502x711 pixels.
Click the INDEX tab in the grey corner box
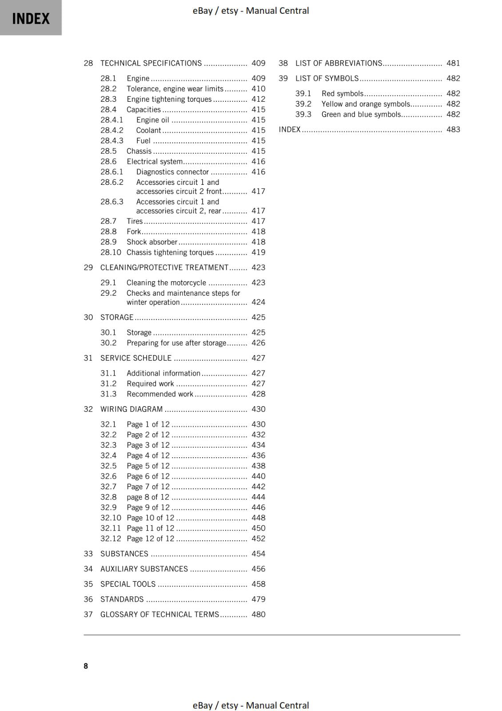point(31,19)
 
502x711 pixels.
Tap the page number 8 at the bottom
point(86,666)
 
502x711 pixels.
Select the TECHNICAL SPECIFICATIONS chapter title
point(151,63)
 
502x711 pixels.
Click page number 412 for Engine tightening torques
point(258,99)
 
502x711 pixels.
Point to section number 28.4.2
point(112,130)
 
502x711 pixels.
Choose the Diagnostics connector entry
point(172,172)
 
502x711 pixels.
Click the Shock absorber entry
point(152,242)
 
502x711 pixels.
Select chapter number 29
point(88,268)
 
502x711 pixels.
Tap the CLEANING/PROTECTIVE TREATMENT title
point(164,268)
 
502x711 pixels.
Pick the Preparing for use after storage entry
point(176,343)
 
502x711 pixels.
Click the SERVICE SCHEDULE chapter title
point(136,358)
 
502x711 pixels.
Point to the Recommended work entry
point(160,394)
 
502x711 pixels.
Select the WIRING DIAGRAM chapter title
point(131,409)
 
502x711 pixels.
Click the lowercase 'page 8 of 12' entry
point(148,497)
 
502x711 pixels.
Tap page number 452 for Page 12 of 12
point(258,539)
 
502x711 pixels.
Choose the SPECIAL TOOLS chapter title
point(128,584)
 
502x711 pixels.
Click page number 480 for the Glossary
point(258,615)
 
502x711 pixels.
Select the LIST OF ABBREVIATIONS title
point(339,63)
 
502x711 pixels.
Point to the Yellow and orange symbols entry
point(366,104)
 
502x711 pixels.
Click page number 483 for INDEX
point(453,130)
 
